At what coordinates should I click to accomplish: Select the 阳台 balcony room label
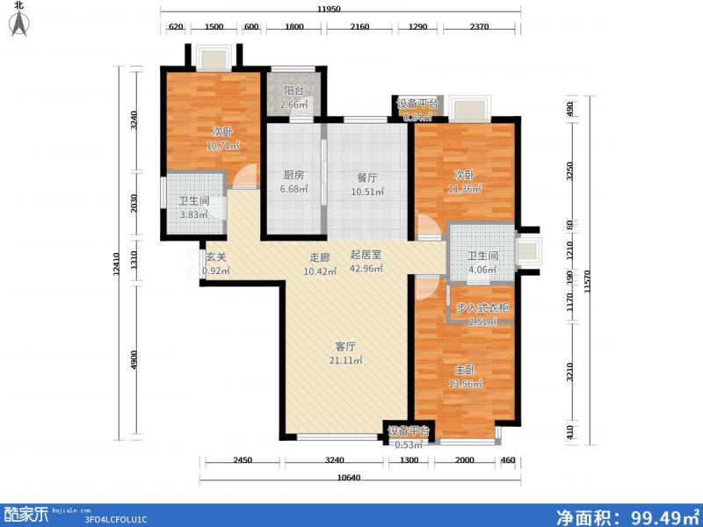(294, 90)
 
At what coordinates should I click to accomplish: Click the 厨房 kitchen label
(294, 175)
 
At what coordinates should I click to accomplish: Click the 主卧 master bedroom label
(465, 370)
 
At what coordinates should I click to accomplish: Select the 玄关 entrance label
(216, 257)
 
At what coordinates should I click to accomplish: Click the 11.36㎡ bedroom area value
(466, 187)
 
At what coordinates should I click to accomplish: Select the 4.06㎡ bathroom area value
(482, 270)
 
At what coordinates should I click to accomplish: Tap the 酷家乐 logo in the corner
(26, 512)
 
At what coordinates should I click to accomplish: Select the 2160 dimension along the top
(360, 27)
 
